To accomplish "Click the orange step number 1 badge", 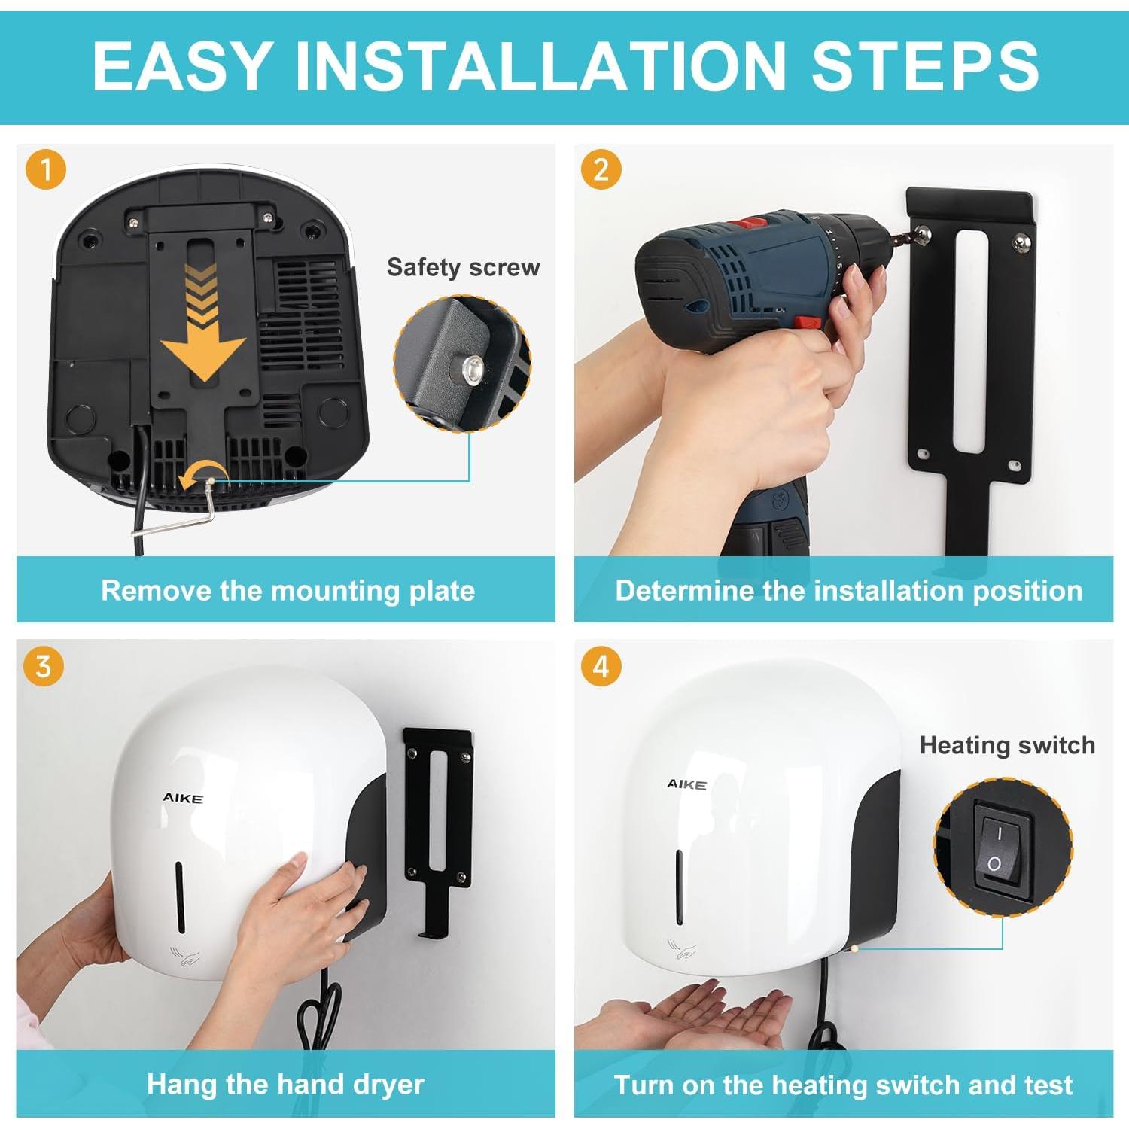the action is pos(46,169).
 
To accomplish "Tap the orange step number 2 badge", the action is pos(601,169).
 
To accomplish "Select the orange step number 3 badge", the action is pos(44,666).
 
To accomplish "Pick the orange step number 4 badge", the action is pos(601,666).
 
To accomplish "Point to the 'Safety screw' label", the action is pos(463,267).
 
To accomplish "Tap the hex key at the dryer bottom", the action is pos(188,512).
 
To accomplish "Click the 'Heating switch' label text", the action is pos(1007,745).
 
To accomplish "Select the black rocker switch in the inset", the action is pos(997,847).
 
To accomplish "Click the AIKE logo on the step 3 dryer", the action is pos(183,798).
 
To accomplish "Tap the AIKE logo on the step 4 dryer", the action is pos(686,784).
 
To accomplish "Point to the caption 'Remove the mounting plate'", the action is pos(288,591).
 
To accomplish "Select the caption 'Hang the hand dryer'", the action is pos(285,1085).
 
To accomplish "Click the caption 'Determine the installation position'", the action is pos(849,591).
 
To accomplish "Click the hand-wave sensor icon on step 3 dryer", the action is pos(187,957).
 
